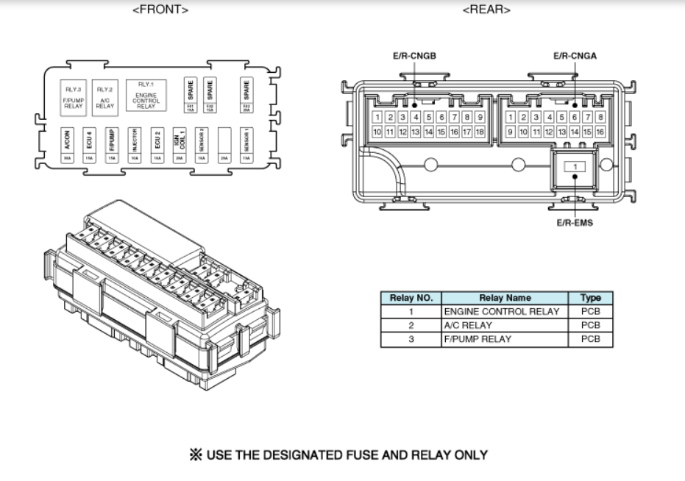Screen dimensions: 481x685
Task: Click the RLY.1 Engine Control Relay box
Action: (146, 96)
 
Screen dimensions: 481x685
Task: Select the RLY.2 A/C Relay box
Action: (104, 97)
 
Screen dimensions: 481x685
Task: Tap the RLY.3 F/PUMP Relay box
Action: (74, 97)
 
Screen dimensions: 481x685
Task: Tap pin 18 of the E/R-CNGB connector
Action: (480, 132)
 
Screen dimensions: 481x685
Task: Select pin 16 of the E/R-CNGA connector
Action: (600, 132)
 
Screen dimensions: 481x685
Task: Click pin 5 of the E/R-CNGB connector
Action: (429, 117)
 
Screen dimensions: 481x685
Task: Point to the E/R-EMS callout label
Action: (574, 224)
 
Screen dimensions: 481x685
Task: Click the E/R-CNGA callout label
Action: (575, 56)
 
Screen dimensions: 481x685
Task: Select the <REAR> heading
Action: (486, 10)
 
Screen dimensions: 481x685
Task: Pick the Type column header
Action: (590, 298)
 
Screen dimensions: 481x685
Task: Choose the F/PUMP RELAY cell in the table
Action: (477, 339)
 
